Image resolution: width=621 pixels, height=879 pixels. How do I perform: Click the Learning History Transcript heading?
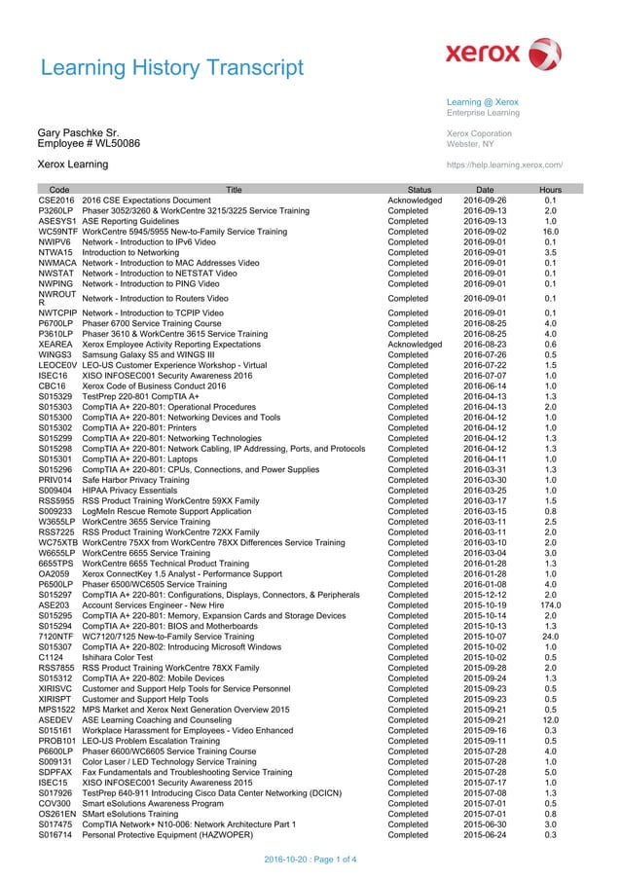172,67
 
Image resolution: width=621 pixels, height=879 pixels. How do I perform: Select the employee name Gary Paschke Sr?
79,131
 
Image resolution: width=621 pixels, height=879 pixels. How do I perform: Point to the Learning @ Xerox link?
482,102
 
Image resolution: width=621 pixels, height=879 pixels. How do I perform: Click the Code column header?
58,190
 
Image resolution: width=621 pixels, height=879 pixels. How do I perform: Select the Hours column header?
550,190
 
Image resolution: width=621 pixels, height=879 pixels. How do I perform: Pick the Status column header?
420,190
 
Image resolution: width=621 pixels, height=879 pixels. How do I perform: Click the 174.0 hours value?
550,604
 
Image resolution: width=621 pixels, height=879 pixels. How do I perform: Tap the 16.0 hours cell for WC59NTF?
550,232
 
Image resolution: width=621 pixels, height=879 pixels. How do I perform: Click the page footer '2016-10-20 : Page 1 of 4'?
311,860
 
